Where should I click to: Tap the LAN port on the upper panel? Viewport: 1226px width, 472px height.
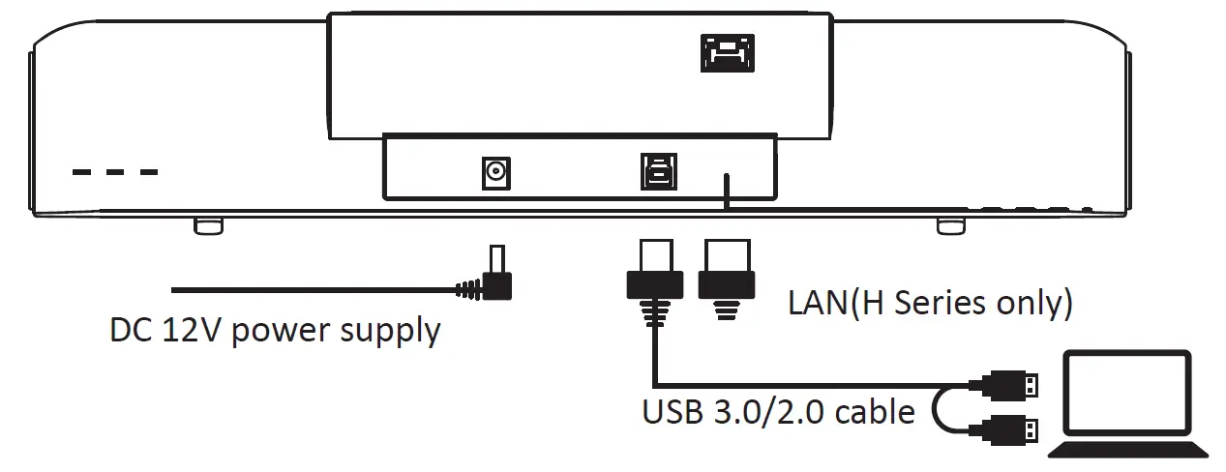tap(726, 53)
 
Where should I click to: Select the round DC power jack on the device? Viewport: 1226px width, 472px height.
tap(495, 174)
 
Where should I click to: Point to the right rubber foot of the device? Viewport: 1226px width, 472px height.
tap(950, 224)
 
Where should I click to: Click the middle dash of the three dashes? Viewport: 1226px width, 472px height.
tap(116, 173)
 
